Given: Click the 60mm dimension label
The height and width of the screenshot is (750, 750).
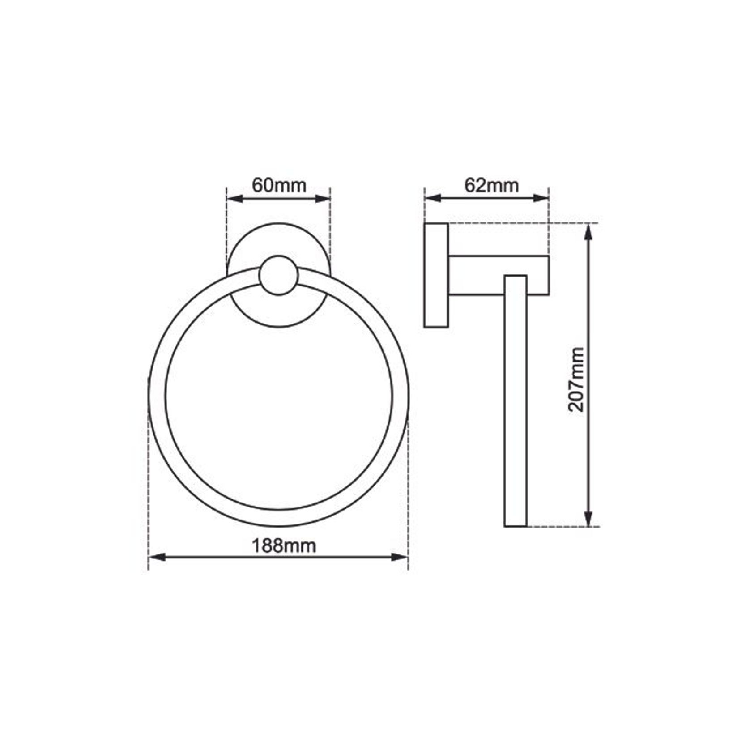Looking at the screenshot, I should [x=279, y=185].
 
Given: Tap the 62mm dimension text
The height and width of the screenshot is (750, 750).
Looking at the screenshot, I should [x=491, y=185].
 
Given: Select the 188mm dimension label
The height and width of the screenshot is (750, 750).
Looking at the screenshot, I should [x=284, y=546].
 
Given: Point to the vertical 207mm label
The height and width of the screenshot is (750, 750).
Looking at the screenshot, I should [x=576, y=379].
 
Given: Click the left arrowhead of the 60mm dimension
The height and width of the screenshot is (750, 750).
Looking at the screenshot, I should [x=234, y=199].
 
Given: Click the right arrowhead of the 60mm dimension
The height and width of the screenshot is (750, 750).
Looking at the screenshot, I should [x=324, y=199].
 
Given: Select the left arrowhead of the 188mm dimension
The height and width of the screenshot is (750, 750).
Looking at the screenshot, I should [x=156, y=557].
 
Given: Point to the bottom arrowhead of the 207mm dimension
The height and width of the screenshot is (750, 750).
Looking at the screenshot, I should [x=589, y=520].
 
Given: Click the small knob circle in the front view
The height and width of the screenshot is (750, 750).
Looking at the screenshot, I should [x=279, y=276].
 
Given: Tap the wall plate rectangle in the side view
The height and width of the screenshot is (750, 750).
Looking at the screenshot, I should [x=436, y=275].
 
